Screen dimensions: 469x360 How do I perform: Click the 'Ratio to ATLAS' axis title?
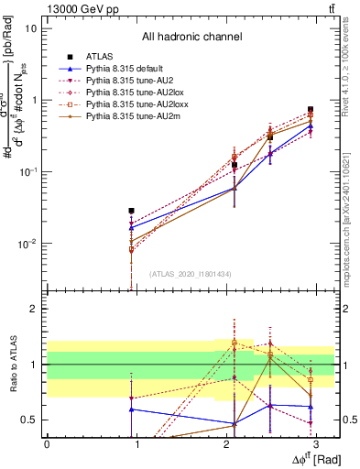pos(11,365)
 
